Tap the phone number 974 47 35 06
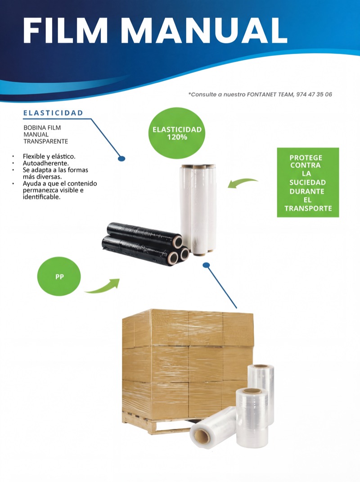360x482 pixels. click(x=314, y=95)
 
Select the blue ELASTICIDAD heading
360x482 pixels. click(x=53, y=113)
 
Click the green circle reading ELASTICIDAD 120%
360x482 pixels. click(x=177, y=133)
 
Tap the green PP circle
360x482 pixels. click(x=59, y=276)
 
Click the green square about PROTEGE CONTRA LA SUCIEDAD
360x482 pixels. click(x=308, y=182)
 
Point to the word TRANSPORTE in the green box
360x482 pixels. click(x=308, y=208)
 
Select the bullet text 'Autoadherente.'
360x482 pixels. click(x=46, y=163)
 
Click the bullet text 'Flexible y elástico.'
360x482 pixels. click(x=49, y=157)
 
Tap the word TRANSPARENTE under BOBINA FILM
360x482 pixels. click(x=46, y=141)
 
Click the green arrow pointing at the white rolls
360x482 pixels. click(x=242, y=182)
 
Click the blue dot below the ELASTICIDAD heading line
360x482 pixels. click(x=122, y=158)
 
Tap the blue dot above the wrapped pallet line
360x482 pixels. click(x=206, y=265)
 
